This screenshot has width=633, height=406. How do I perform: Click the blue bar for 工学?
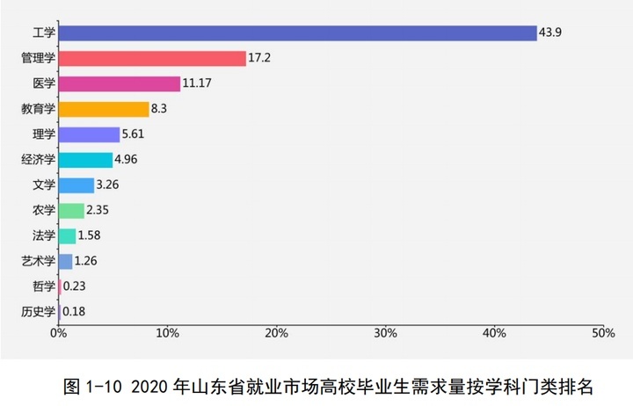297,33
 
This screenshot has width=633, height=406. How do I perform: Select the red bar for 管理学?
152,59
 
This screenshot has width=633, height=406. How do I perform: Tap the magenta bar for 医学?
120,84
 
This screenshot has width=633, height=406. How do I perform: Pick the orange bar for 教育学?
104,110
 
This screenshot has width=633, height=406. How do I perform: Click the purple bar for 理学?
89,134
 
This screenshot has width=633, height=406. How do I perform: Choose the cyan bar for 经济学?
85,160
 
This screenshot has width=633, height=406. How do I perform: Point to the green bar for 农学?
71,210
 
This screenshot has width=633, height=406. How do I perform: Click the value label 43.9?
551,33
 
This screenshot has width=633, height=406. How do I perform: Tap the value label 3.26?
110,185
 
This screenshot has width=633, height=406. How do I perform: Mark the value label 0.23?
75,286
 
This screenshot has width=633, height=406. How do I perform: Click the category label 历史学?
39,311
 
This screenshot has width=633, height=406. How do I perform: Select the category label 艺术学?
39,261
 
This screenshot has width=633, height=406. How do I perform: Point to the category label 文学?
44,185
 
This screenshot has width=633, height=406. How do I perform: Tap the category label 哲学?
44,286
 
